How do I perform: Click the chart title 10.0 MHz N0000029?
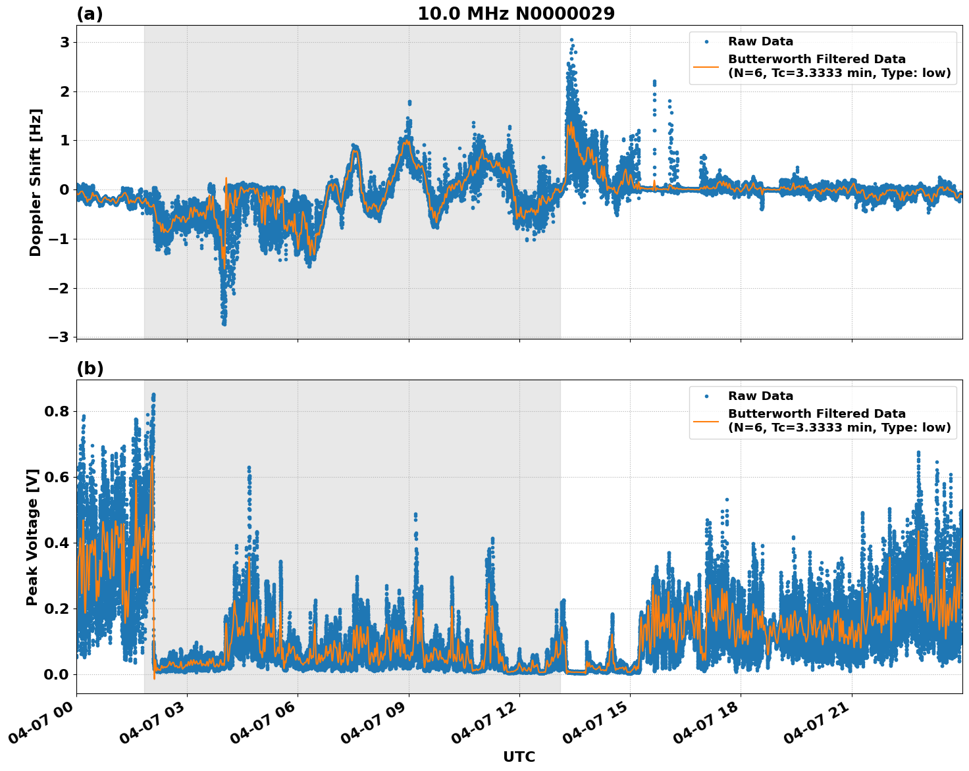click(x=516, y=14)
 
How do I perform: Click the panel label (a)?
click(x=90, y=14)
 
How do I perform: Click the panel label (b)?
click(x=90, y=368)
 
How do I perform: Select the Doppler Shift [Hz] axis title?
click(x=36, y=182)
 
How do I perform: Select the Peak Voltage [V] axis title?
click(x=32, y=537)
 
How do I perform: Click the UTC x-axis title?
click(x=519, y=757)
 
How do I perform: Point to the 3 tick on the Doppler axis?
click(x=65, y=43)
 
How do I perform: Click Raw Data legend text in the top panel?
click(x=760, y=41)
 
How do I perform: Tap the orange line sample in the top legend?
click(x=706, y=66)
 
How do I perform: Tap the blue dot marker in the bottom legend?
click(x=706, y=396)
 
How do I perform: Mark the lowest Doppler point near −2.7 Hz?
click(x=224, y=324)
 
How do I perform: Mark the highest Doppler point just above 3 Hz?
click(x=571, y=40)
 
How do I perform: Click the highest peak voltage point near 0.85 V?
click(x=153, y=395)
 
